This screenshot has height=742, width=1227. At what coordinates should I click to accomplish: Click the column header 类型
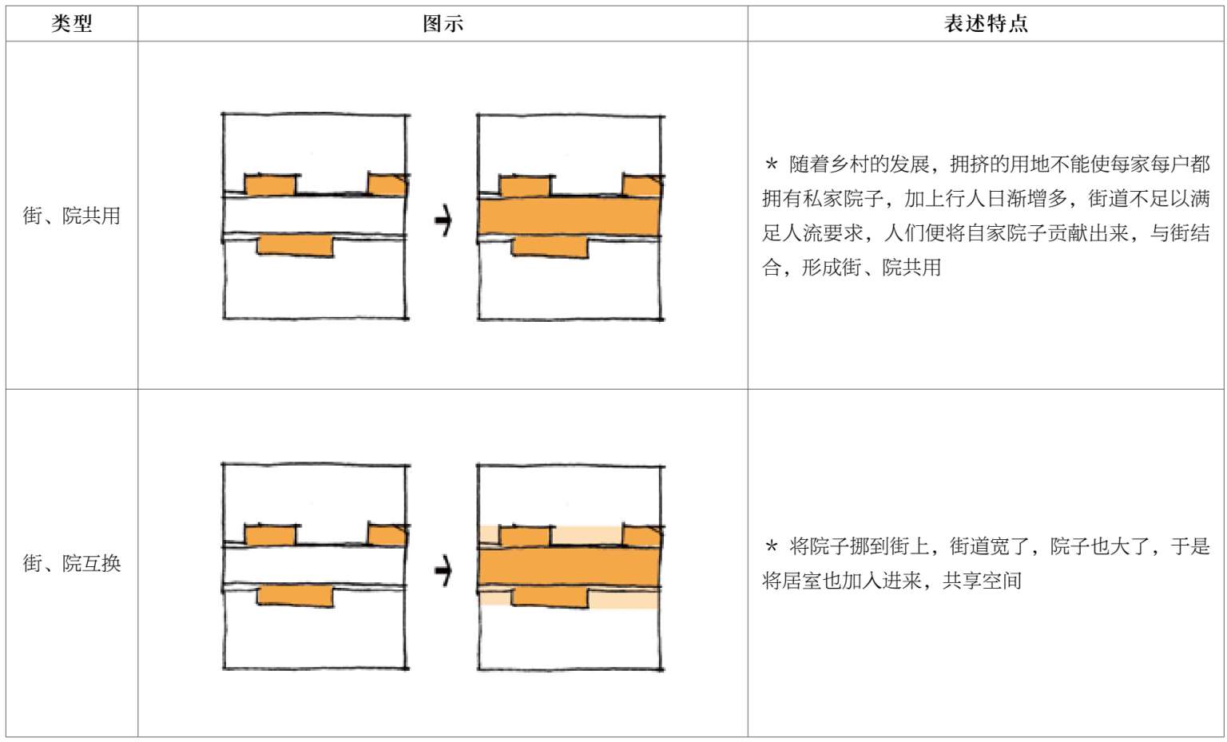coord(72,23)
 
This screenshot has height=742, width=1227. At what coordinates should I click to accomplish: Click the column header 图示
coord(443,23)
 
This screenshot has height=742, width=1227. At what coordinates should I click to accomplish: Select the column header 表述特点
coord(986,23)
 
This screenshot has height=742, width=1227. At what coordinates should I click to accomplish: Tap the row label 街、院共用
coord(72,216)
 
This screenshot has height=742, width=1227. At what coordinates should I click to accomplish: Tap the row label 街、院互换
coord(72,563)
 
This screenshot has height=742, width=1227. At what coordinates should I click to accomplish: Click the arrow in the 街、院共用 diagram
coord(443,220)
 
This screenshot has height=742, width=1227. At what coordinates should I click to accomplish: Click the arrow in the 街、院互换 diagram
coord(443,570)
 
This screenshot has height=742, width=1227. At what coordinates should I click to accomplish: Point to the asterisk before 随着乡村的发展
coord(771,164)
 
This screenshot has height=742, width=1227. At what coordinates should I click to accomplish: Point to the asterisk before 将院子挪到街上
coord(771,546)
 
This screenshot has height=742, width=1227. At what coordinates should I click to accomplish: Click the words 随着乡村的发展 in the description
coord(860,165)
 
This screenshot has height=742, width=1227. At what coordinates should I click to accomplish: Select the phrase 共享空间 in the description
coord(982,581)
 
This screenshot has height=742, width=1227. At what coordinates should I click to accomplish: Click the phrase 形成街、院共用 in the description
coord(872,268)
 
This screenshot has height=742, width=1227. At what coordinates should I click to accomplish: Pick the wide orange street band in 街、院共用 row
coord(569,217)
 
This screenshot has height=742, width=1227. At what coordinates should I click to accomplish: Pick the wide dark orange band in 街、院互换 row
coord(569,567)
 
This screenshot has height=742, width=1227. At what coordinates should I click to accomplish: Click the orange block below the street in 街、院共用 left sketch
coord(295,245)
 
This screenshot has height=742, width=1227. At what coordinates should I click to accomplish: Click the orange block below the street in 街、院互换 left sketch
coord(295,596)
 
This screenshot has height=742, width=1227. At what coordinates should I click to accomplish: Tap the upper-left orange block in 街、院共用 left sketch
coord(270,185)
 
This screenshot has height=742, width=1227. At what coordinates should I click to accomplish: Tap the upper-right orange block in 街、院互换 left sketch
coord(387,534)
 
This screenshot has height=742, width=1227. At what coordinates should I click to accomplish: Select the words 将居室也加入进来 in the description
coord(842,581)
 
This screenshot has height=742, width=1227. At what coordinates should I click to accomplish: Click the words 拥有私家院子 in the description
coord(822,199)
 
